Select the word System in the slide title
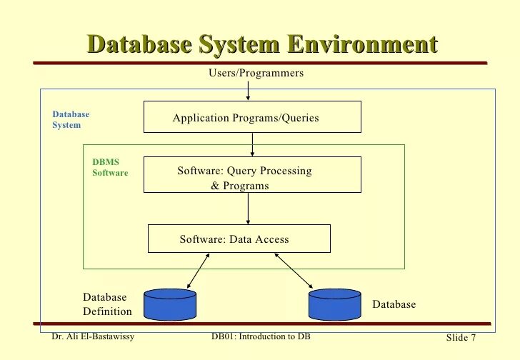[x=239, y=44]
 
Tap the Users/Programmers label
[x=256, y=73]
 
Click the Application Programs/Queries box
[x=252, y=117]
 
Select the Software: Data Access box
[x=239, y=239]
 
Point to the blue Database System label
[x=71, y=119]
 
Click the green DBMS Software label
[x=110, y=167]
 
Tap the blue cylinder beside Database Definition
[x=170, y=303]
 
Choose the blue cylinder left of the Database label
[x=334, y=303]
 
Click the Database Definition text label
[x=107, y=304]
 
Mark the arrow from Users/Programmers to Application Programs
[x=248, y=90]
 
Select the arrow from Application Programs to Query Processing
[x=252, y=144]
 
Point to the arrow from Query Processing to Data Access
[x=248, y=209]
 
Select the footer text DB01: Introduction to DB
[x=261, y=336]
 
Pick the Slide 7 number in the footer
[x=461, y=337]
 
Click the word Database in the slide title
[x=139, y=44]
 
